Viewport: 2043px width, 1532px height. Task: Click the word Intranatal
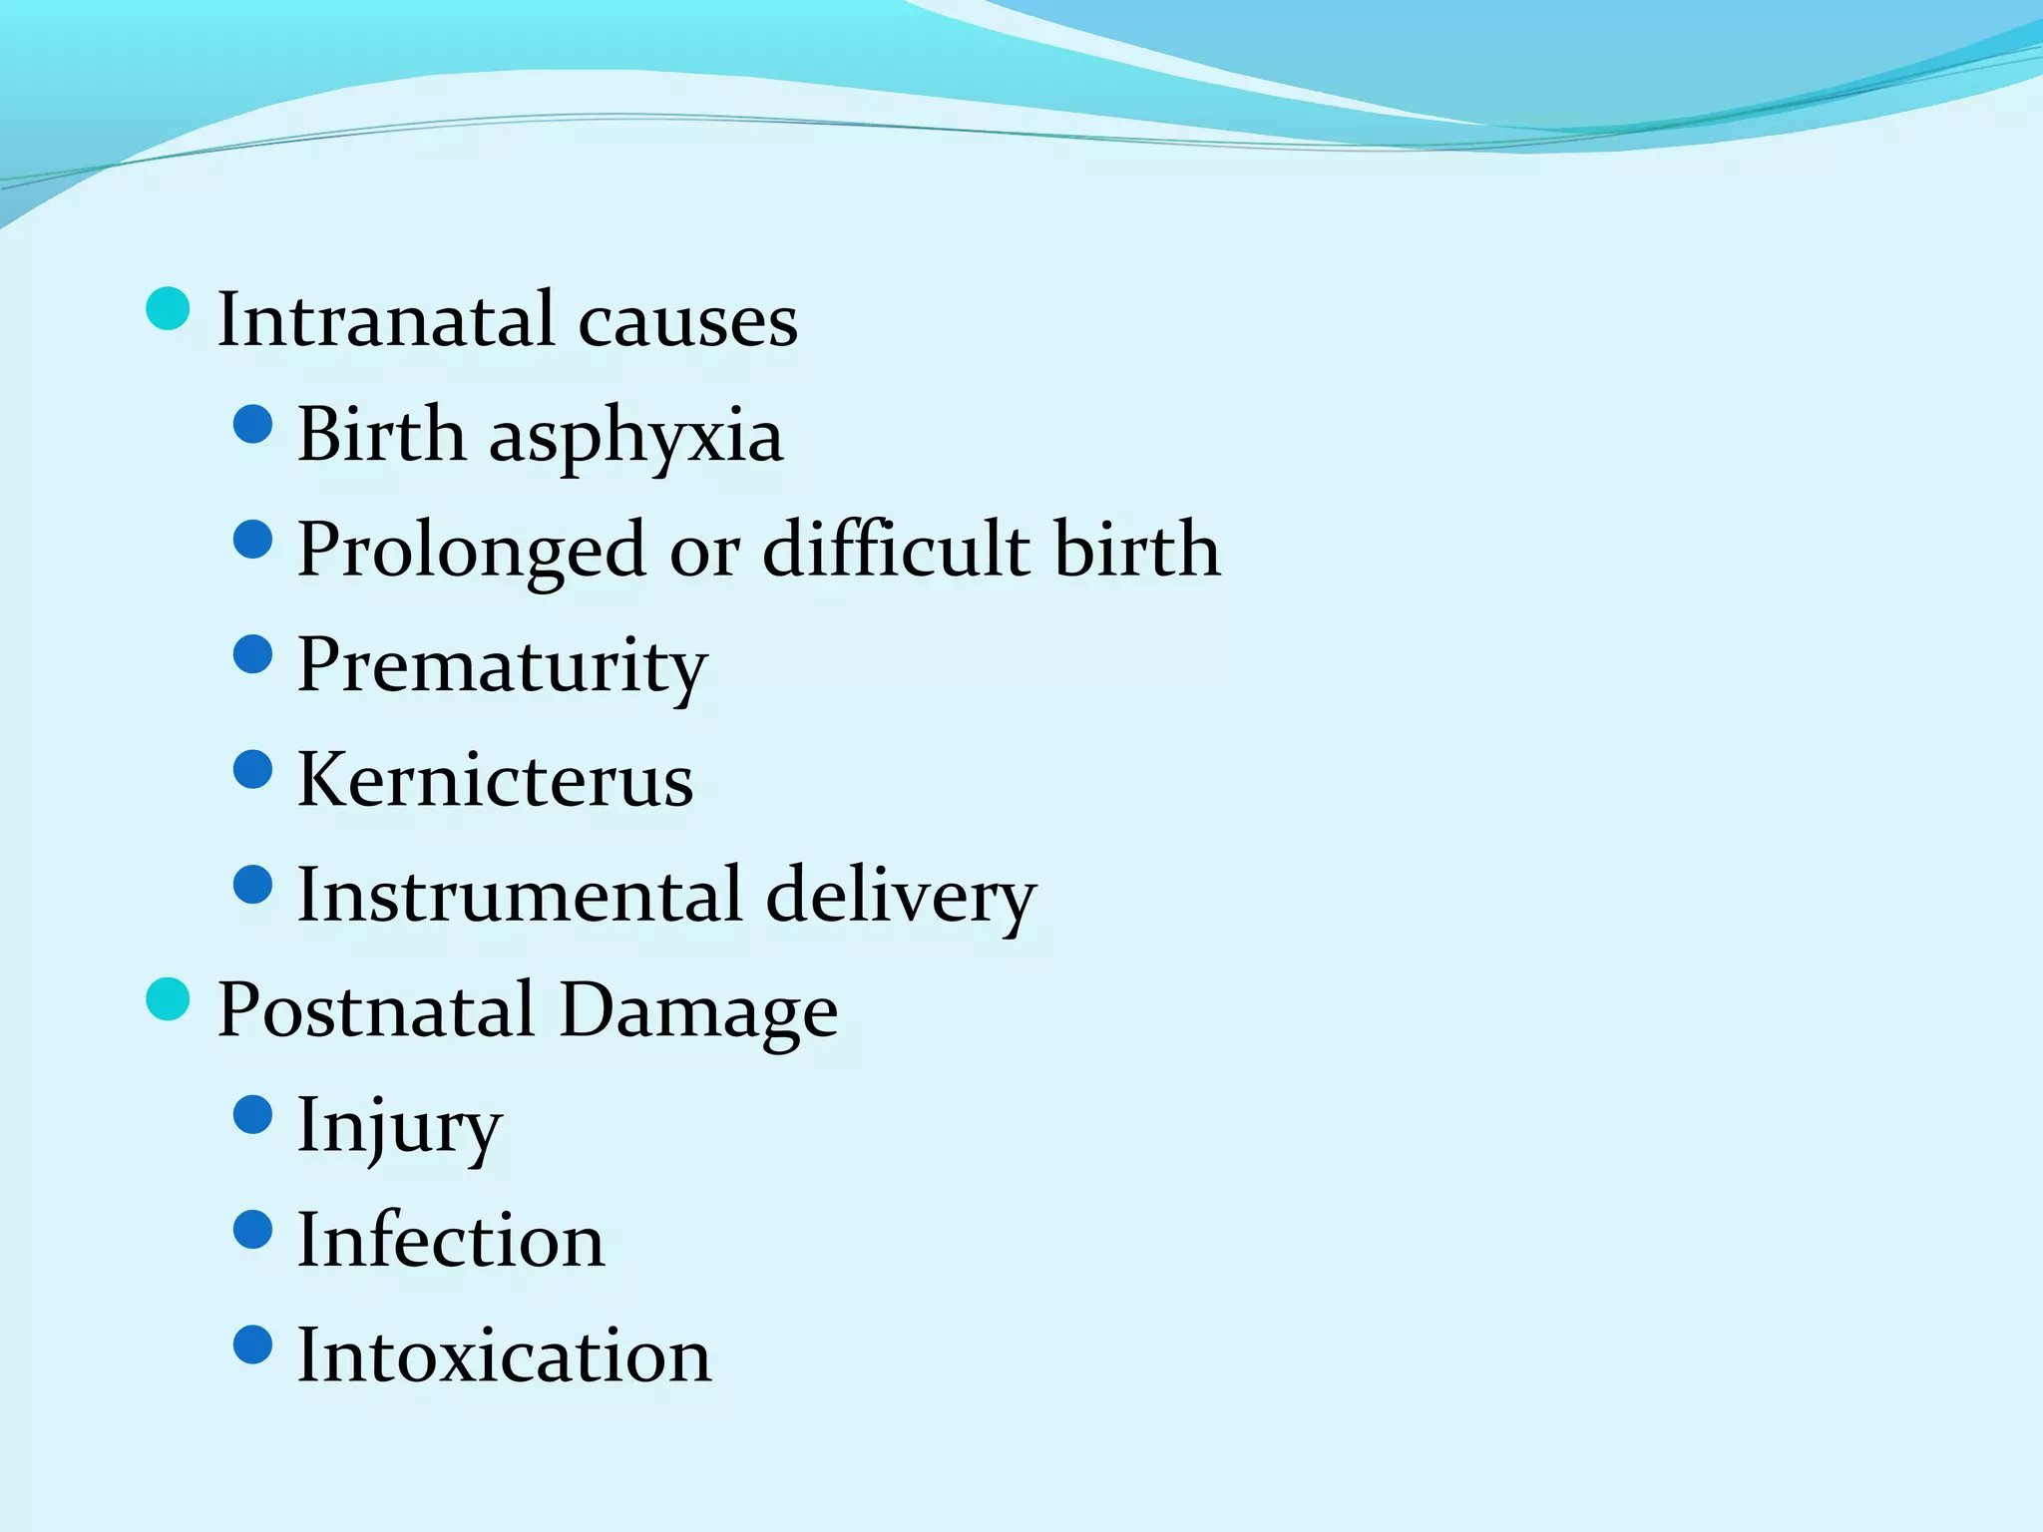point(385,320)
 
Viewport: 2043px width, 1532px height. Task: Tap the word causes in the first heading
point(687,322)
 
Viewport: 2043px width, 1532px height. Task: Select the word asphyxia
point(635,438)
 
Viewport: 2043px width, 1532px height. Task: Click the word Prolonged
point(471,552)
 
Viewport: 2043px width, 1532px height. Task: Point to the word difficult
point(896,550)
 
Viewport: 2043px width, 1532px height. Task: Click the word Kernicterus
point(495,781)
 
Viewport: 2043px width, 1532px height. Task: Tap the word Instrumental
point(520,895)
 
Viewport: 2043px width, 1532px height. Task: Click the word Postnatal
point(376,1010)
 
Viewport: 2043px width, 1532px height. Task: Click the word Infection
point(451,1241)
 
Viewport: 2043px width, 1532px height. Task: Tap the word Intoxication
point(505,1355)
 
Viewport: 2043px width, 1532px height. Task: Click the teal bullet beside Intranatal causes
point(168,308)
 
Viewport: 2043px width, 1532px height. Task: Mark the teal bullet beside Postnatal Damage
point(168,998)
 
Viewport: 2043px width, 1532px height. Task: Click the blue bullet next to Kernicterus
point(252,769)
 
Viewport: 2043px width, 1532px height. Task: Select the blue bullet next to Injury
point(252,1114)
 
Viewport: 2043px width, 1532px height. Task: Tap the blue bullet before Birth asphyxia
point(252,424)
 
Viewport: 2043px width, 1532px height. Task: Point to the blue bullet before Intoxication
point(252,1343)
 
